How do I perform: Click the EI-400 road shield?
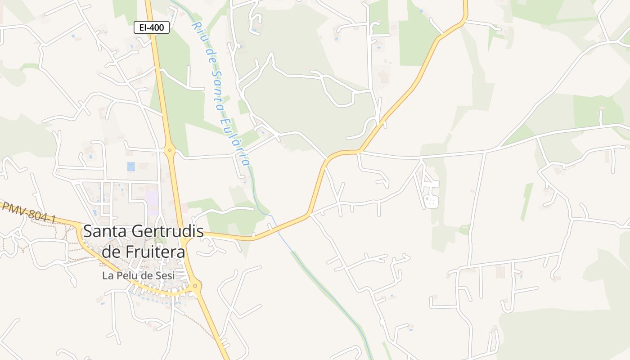coord(152,28)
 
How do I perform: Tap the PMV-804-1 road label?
coord(29,213)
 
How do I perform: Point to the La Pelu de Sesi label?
coord(138,275)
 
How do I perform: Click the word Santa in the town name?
coord(105,232)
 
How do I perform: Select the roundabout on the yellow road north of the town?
coord(170,150)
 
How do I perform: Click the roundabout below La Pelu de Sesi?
coord(195,286)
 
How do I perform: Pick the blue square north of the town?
coord(131,166)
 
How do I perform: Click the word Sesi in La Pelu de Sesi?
coord(164,275)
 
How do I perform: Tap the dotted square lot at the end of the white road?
coord(431,201)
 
